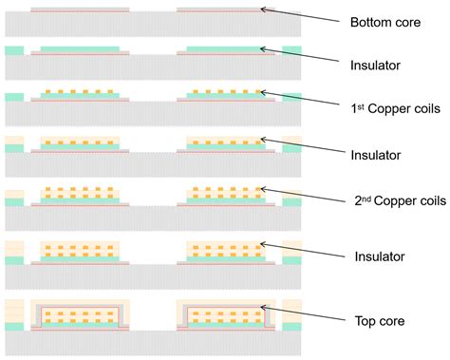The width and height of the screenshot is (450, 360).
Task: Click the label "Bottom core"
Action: [384, 22]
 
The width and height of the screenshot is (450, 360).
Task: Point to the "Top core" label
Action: [378, 321]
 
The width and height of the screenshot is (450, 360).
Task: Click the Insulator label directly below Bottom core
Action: [376, 65]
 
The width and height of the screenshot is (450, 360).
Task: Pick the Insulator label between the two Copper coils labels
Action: [376, 154]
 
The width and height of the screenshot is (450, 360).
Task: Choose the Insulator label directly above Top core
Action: [376, 256]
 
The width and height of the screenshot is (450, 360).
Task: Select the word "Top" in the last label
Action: [364, 321]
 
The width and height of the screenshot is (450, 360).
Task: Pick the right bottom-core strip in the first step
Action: [225, 10]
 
